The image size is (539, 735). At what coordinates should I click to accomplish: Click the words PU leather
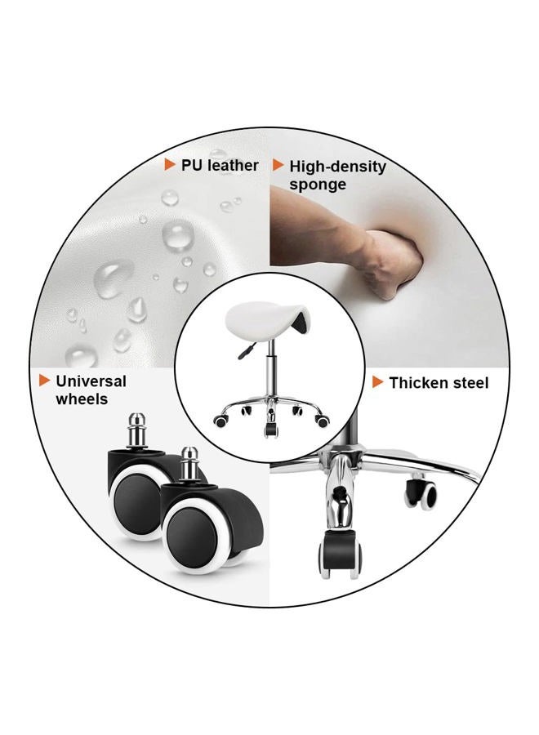click(220, 166)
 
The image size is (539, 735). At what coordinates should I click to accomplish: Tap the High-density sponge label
click(337, 175)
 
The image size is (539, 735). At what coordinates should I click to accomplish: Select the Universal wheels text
click(91, 390)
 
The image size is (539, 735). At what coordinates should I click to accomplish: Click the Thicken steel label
click(439, 383)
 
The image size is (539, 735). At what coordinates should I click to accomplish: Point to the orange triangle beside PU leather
click(170, 165)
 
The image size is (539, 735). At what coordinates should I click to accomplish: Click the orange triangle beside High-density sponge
click(278, 165)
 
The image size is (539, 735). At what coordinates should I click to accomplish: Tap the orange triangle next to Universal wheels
click(45, 380)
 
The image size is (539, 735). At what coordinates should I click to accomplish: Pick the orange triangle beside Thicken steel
click(378, 382)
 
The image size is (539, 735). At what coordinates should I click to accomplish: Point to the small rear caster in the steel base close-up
click(421, 492)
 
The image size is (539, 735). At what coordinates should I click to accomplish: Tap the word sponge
click(318, 185)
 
